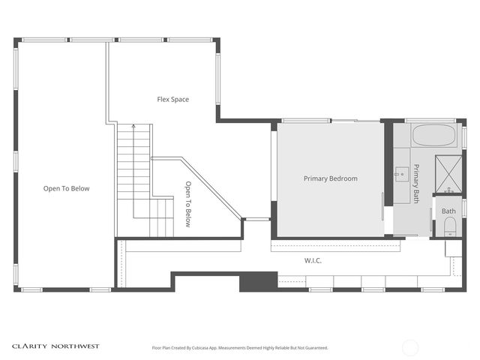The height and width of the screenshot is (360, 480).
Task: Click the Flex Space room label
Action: click(172, 99)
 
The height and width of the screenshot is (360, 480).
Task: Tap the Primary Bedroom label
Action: click(330, 178)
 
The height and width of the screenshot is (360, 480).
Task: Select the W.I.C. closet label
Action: click(313, 260)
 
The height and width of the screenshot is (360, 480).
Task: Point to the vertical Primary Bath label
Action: click(416, 183)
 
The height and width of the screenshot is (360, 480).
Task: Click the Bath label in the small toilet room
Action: click(448, 211)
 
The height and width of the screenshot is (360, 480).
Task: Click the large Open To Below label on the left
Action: click(66, 188)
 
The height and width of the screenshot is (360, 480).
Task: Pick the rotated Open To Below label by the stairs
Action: click(188, 204)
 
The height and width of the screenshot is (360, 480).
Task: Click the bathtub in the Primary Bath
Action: click(433, 136)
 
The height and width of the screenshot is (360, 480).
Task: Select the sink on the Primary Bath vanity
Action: click(400, 173)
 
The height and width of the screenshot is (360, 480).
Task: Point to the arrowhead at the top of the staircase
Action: click(133, 127)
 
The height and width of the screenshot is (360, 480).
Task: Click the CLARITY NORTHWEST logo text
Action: click(55, 346)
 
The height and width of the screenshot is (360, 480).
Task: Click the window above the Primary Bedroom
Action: click(306, 120)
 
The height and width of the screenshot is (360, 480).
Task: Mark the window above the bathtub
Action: click(430, 120)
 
